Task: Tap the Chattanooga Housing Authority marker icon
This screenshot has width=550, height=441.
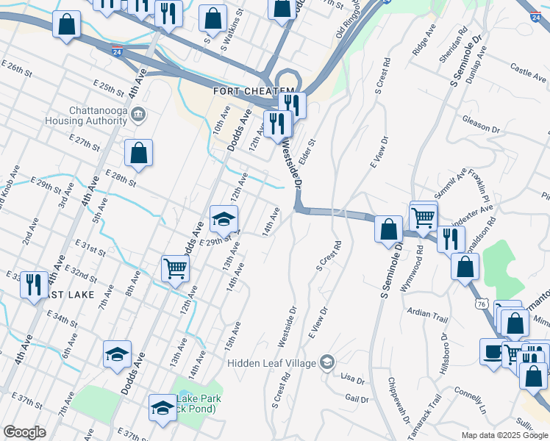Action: point(141,115)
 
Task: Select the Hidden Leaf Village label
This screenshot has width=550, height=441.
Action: point(271,362)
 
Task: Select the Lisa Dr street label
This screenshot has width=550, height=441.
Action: point(353,379)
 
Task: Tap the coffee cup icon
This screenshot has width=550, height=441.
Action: point(492,350)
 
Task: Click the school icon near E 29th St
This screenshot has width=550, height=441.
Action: point(224,218)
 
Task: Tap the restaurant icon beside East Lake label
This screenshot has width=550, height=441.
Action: point(33,283)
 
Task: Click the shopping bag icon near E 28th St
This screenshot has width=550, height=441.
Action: point(138,154)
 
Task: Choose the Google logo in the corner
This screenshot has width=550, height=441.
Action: point(24,432)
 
